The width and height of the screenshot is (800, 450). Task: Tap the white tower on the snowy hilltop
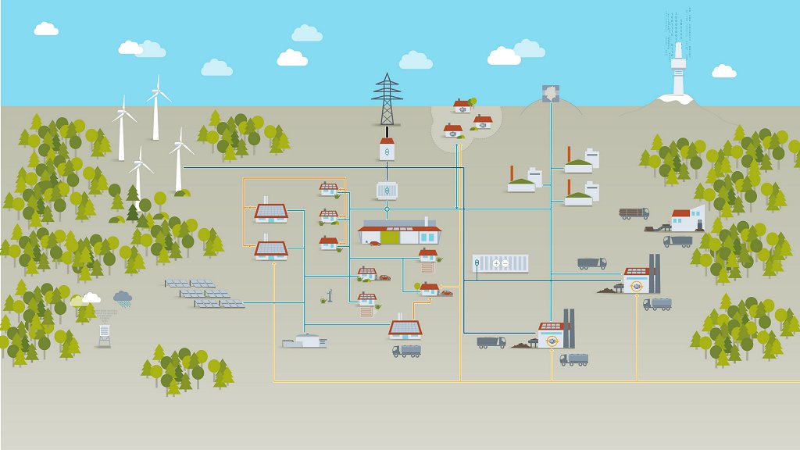click(677, 70)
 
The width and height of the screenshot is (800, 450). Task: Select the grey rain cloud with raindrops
click(123, 297)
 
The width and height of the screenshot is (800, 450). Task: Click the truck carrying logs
click(634, 212)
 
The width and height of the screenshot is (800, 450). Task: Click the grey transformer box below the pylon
click(386, 190)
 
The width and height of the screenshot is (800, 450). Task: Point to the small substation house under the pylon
click(386, 148)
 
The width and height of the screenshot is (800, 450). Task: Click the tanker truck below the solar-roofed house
click(406, 351)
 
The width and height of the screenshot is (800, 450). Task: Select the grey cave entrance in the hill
click(550, 94)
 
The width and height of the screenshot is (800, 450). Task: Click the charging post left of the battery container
click(477, 266)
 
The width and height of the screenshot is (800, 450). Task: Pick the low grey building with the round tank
click(305, 341)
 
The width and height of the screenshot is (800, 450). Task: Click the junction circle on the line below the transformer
click(386, 209)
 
